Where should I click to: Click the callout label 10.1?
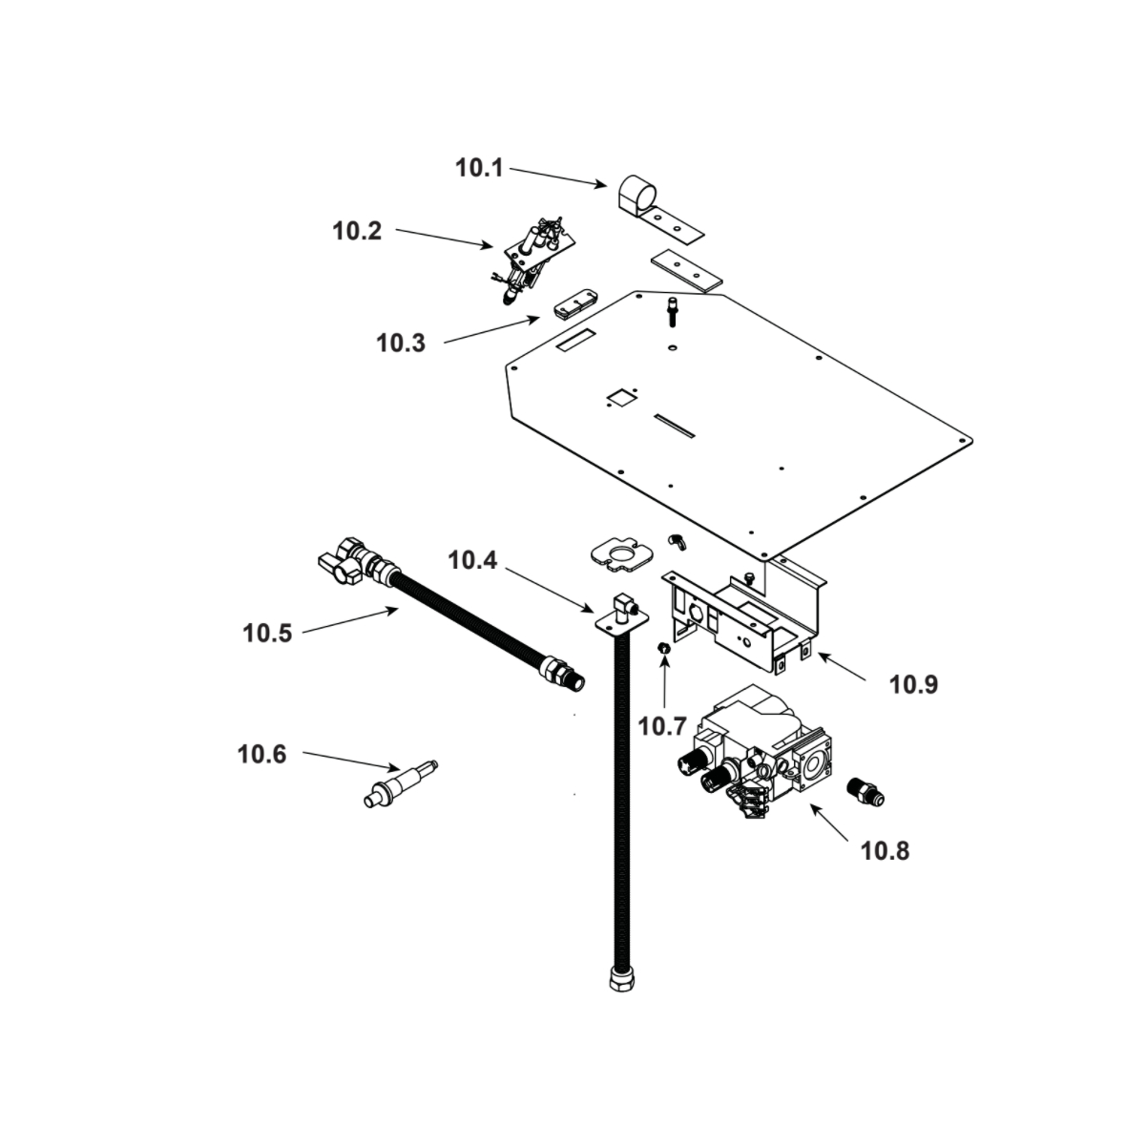coord(478,169)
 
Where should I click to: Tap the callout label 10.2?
coord(357,231)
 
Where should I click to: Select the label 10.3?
coord(401,343)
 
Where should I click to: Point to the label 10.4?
coord(472,560)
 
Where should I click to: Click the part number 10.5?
coord(266,632)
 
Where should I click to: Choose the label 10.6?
coord(261,754)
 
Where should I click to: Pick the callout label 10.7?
coord(662,726)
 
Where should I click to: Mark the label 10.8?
coord(885,850)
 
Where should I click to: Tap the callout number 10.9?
coord(913,684)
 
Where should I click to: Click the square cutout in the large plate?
coord(622,396)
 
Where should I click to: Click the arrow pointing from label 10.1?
coord(558,177)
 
